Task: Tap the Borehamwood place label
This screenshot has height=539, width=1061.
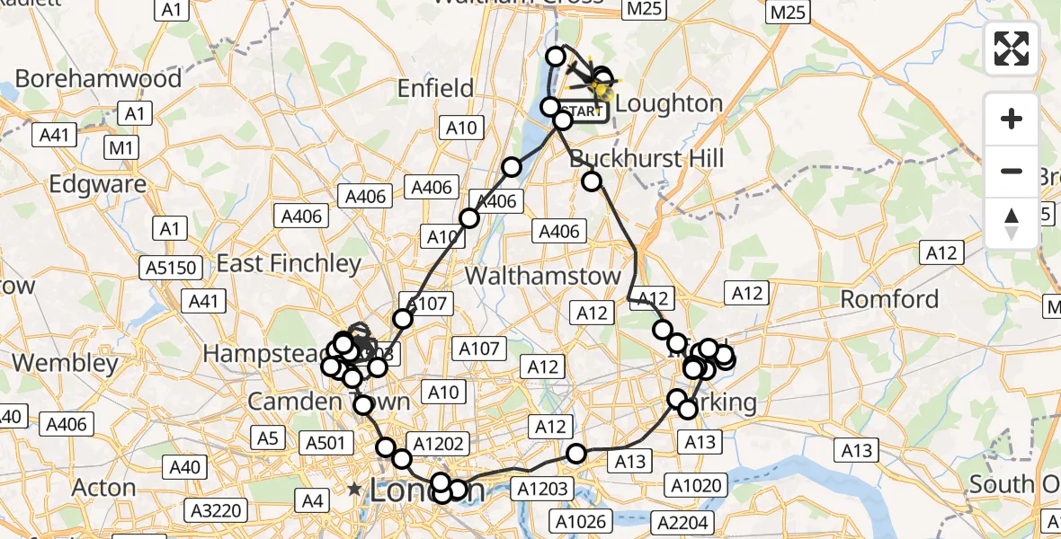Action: point(98,78)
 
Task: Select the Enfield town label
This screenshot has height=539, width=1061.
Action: point(437,88)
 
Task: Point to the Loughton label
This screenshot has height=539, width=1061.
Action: point(670,103)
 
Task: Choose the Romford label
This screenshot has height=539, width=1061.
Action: point(889,299)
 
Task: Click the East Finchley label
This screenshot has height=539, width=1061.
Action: point(289,263)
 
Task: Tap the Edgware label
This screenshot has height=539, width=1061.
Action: point(98,184)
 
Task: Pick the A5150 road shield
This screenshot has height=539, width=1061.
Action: point(171,268)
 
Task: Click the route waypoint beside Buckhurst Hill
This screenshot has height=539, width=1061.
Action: point(592,181)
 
